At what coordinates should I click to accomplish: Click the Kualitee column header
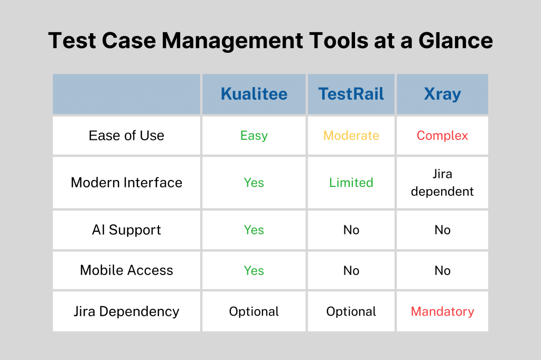[254, 94]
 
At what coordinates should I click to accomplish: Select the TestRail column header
[351, 94]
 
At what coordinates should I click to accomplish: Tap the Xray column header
[442, 94]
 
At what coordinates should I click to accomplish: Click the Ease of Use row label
[126, 136]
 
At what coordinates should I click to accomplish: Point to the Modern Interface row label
[126, 183]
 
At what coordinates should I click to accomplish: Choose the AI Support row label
[126, 230]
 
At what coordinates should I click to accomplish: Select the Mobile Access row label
[126, 270]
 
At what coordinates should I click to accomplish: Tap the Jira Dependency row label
[126, 312]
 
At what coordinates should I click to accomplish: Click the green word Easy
[254, 136]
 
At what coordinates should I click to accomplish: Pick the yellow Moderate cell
[351, 136]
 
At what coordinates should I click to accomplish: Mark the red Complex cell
[442, 136]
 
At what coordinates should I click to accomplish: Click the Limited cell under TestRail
[351, 183]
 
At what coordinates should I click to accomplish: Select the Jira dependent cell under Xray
[442, 183]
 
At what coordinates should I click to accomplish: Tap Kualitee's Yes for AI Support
[254, 230]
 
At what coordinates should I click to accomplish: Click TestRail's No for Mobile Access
[351, 271]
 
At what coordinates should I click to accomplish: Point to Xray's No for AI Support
[442, 230]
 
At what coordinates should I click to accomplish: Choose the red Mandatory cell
[442, 312]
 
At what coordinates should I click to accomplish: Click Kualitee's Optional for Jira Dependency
[254, 312]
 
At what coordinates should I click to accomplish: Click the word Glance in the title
[455, 40]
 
